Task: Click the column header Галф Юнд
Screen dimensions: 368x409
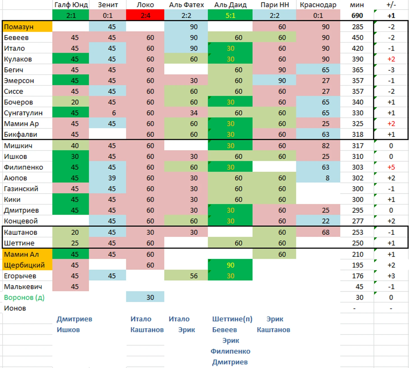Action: pyautogui.click(x=71, y=5)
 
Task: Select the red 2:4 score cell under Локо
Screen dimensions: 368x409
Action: pyautogui.click(x=145, y=15)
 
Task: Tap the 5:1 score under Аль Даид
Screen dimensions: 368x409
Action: pyautogui.click(x=230, y=15)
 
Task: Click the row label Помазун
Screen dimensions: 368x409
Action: pyautogui.click(x=19, y=27)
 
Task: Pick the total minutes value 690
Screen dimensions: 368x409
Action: pyautogui.click(x=357, y=15)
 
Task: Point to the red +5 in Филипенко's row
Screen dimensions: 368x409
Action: pyautogui.click(x=391, y=167)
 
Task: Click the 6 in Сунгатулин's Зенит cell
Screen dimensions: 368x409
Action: pyautogui.click(x=114, y=113)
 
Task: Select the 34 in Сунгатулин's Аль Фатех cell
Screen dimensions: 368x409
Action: pyautogui.click(x=194, y=113)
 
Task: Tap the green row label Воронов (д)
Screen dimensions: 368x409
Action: pyautogui.click(x=24, y=297)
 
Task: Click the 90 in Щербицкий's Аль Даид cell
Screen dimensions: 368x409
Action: pyautogui.click(x=230, y=265)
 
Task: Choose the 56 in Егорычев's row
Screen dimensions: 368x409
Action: pyautogui.click(x=194, y=276)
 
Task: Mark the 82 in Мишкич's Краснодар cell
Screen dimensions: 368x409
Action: pyautogui.click(x=325, y=146)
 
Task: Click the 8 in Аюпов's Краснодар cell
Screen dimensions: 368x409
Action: pyautogui.click(x=327, y=178)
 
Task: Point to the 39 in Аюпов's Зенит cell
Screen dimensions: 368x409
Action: pyautogui.click(x=112, y=178)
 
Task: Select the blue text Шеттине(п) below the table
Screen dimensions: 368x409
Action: pyautogui.click(x=232, y=319)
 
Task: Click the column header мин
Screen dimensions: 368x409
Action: pyautogui.click(x=357, y=5)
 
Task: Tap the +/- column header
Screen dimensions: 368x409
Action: pyautogui.click(x=391, y=5)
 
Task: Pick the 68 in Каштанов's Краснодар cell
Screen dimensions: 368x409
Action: pyautogui.click(x=325, y=232)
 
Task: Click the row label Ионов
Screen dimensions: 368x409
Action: pyautogui.click(x=15, y=308)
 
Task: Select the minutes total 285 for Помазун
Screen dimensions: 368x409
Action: pyautogui.click(x=357, y=27)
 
